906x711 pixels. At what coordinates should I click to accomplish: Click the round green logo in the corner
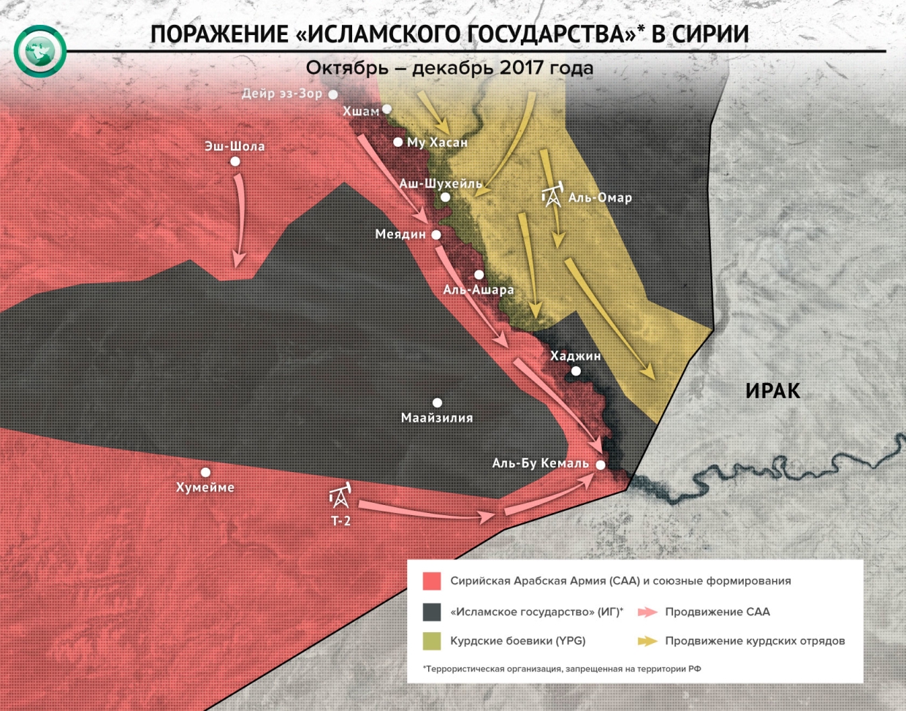[39, 51]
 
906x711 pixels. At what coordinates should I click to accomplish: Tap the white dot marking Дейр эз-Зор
[333, 94]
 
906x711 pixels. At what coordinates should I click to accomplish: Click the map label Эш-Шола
[235, 146]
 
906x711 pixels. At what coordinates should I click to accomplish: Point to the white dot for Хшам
[387, 110]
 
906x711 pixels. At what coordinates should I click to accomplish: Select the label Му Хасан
[437, 142]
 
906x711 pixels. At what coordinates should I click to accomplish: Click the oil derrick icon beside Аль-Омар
[552, 194]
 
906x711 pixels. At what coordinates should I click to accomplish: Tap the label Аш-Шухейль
[441, 183]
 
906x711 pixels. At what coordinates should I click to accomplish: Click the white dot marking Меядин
[436, 235]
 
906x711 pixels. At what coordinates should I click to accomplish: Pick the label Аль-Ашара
[479, 290]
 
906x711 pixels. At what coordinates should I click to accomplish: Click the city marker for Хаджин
[576, 371]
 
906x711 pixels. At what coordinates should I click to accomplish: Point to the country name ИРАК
[772, 391]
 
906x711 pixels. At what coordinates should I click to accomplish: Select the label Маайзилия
[437, 418]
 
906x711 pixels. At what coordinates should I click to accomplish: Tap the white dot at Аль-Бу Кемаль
[601, 465]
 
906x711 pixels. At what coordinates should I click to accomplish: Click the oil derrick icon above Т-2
[340, 496]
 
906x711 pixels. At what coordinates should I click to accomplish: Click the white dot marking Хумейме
[206, 473]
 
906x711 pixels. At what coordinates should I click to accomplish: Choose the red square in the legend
[432, 582]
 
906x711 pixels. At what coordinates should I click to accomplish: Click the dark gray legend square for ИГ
[432, 612]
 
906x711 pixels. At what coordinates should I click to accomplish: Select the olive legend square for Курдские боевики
[432, 641]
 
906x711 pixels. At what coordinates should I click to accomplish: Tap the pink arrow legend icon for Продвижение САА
[647, 612]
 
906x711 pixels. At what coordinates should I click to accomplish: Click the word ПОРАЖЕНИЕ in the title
[219, 34]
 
